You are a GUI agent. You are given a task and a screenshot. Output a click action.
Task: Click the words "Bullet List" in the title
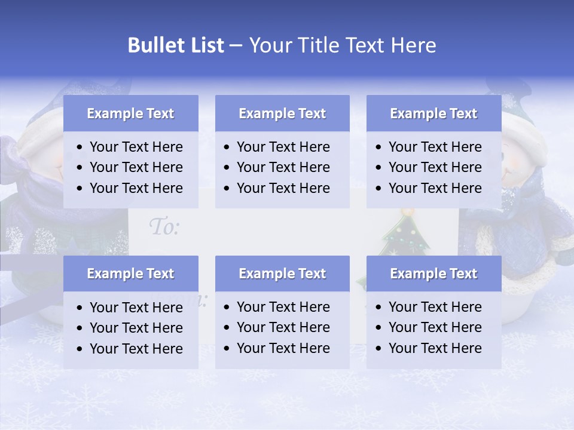[175, 45]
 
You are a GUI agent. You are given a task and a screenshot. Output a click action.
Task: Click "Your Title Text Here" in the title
[342, 45]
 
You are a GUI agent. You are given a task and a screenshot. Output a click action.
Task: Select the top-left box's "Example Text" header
[130, 113]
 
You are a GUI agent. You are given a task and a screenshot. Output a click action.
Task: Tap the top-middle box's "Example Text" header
[282, 113]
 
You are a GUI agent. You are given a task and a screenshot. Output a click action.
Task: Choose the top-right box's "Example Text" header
[433, 113]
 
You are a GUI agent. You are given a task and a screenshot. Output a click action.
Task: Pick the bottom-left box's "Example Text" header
[130, 274]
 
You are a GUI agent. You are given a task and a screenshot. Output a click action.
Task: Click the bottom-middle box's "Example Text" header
[282, 274]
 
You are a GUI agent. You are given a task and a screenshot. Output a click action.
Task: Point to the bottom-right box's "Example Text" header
[433, 274]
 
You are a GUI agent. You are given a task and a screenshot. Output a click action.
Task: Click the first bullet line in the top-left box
[136, 147]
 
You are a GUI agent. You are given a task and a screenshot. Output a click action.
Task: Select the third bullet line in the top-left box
[136, 188]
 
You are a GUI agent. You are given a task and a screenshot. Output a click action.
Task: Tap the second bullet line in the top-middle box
[283, 167]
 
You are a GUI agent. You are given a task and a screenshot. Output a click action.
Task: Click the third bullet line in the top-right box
[435, 188]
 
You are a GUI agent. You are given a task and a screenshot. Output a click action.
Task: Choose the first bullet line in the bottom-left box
[136, 308]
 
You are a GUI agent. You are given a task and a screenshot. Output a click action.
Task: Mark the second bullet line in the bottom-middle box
[283, 327]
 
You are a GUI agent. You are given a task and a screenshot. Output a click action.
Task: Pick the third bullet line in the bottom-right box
[435, 348]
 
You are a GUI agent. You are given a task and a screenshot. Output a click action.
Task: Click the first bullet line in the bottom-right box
[435, 307]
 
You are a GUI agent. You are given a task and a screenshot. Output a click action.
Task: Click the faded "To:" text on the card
[164, 227]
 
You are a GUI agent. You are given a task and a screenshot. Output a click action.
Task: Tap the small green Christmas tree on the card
[407, 236]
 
